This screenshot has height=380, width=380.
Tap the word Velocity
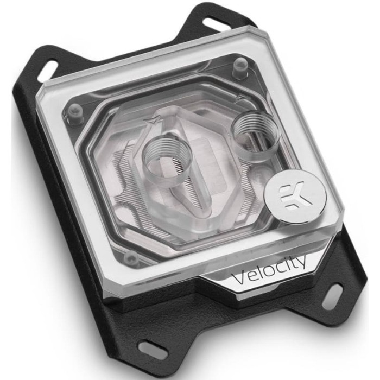tap(269, 270)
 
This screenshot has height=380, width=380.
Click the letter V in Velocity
tap(239, 278)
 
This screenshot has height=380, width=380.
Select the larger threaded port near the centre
tap(167, 161)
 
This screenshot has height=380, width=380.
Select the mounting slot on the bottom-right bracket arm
tap(334, 294)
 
